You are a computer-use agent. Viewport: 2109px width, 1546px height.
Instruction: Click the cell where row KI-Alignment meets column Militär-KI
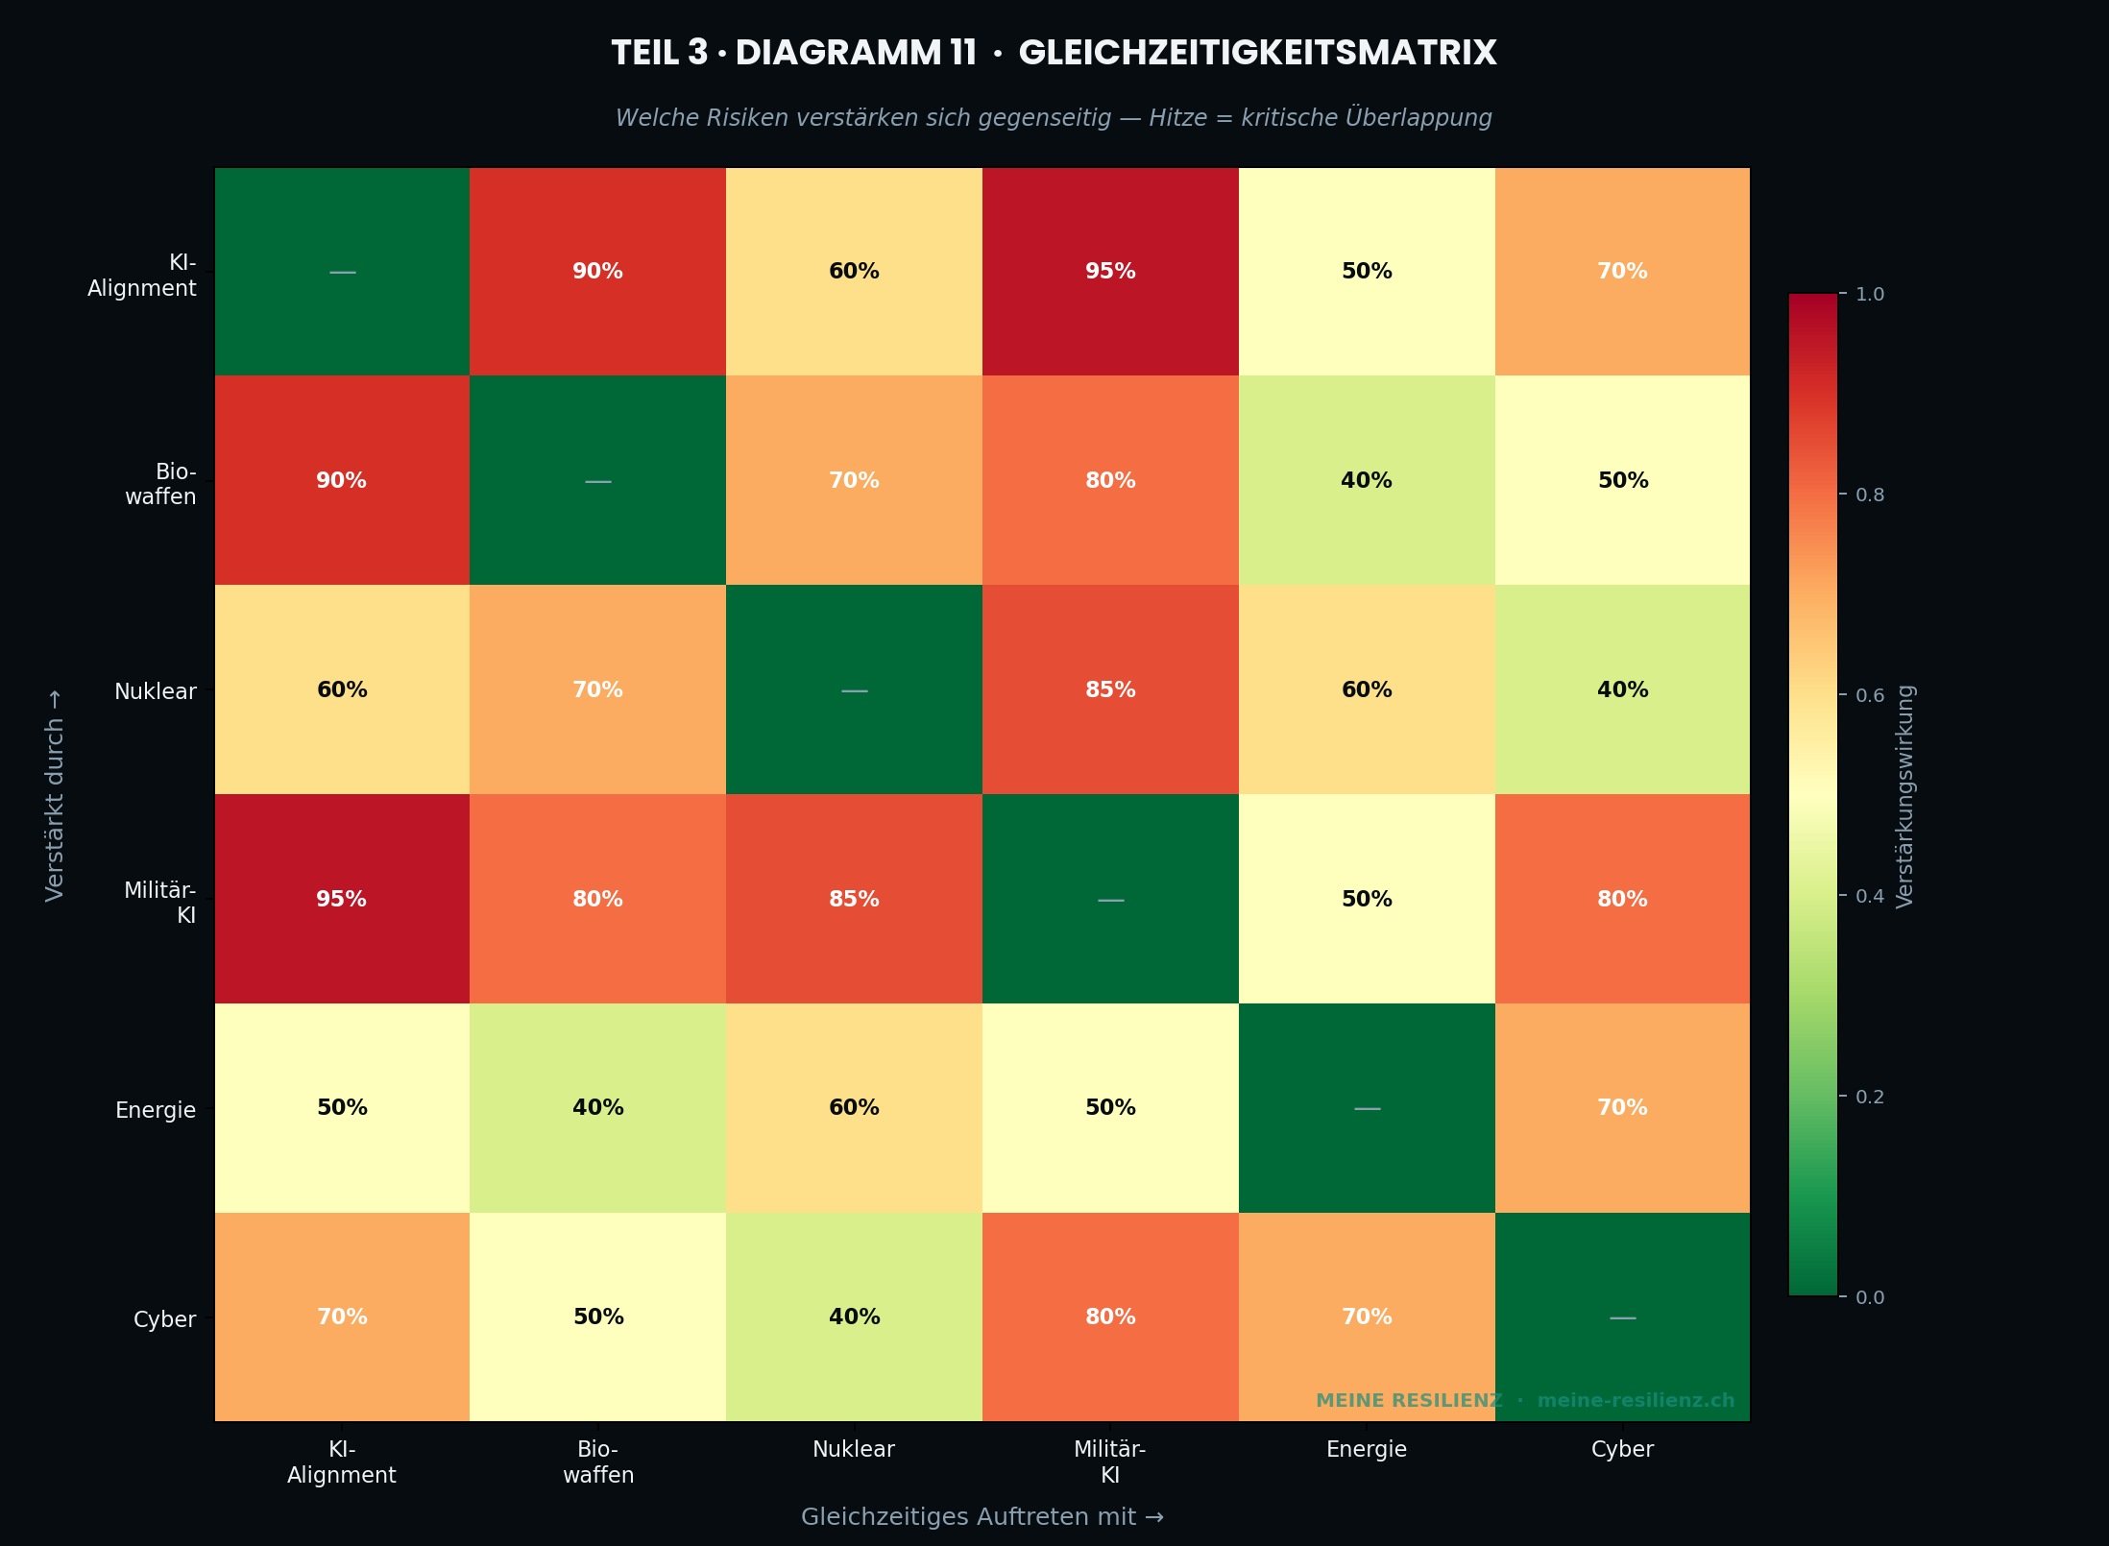click(1110, 272)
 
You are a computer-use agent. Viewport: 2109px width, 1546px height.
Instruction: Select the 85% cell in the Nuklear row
click(1110, 689)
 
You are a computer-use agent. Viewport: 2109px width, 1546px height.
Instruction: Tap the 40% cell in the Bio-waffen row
click(1367, 480)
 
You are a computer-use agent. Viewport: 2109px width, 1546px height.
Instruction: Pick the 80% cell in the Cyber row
click(1110, 1317)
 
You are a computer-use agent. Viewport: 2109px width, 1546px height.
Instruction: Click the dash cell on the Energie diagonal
click(1367, 1108)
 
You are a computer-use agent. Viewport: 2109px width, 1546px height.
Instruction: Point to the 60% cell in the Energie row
click(854, 1108)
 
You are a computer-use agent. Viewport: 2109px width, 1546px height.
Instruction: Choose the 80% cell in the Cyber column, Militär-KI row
click(1622, 899)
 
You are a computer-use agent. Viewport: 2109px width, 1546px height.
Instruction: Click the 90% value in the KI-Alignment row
click(597, 272)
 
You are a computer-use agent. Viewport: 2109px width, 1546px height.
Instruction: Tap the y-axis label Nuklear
click(155, 691)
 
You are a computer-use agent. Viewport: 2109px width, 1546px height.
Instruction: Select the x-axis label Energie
click(1366, 1449)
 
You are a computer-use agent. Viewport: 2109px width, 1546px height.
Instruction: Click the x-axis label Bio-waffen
click(597, 1461)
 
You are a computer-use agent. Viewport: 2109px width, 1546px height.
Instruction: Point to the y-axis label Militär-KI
click(160, 903)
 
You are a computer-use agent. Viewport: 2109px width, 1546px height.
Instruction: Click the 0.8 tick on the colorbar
click(1869, 495)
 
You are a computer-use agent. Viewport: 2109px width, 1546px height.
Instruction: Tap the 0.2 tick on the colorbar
click(1869, 1097)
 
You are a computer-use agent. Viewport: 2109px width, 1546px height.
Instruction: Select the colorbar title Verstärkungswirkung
click(1905, 795)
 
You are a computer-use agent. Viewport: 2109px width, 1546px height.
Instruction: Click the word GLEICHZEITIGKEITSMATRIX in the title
click(1256, 53)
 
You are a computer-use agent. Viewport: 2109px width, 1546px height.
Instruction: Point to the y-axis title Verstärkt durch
click(55, 795)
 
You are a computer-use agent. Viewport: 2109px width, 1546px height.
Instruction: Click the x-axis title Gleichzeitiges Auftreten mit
click(982, 1517)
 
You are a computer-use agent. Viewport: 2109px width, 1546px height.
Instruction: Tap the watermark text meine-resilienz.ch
click(1636, 1400)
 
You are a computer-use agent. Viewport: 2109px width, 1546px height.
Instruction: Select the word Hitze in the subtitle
click(1177, 118)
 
